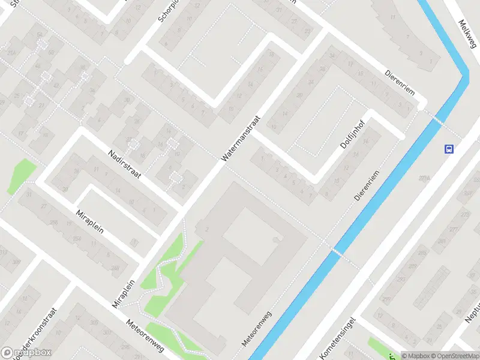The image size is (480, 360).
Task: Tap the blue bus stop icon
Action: coord(449,149)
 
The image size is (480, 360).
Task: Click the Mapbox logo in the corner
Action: coord(26,353)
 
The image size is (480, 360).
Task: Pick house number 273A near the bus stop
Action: coord(425,178)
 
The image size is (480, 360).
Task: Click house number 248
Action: coord(115,268)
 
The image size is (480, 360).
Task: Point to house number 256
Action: coord(54,223)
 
